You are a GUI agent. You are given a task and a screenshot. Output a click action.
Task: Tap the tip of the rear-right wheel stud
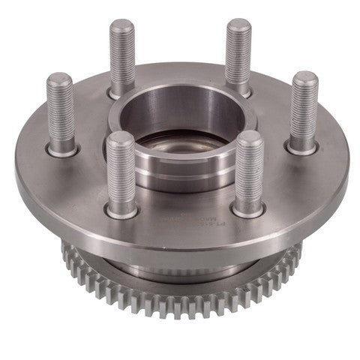[238, 24]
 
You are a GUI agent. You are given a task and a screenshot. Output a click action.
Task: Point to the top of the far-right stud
[304, 77]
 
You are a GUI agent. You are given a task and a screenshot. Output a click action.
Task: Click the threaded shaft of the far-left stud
[60, 112]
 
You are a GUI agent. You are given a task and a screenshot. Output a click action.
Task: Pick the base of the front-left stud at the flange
[121, 212]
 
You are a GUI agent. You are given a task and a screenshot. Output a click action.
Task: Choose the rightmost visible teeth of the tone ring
[296, 251]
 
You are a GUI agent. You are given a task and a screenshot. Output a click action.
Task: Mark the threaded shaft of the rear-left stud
[121, 56]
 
